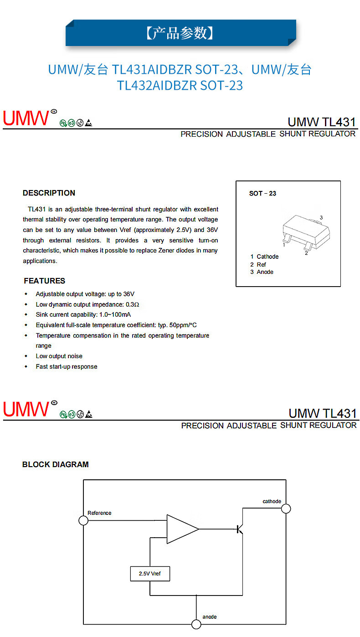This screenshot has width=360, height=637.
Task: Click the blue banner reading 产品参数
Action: (x=180, y=33)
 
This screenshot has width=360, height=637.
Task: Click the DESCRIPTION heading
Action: (x=49, y=193)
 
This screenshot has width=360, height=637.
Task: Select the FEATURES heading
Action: (x=44, y=281)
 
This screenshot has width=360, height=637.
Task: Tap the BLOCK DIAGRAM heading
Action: (x=55, y=464)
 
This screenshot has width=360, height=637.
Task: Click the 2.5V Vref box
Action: (x=149, y=574)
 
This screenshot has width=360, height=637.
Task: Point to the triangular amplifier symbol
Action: (x=182, y=529)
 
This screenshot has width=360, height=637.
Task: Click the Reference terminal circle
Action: (x=83, y=520)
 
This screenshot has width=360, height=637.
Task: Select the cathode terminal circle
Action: (x=286, y=509)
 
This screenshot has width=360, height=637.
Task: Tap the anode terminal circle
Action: (x=196, y=624)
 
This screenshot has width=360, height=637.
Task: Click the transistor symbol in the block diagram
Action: (x=240, y=529)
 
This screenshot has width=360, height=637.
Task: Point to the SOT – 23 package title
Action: (x=262, y=193)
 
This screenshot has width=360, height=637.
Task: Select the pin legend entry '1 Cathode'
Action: (x=264, y=257)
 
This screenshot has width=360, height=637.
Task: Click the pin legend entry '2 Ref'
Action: (x=258, y=264)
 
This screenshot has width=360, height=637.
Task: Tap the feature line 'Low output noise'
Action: (x=59, y=356)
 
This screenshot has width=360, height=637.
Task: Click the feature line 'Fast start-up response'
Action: (x=66, y=366)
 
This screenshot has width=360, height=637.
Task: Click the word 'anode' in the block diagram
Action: (x=210, y=616)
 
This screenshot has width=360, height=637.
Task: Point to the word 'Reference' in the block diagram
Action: (x=99, y=513)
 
